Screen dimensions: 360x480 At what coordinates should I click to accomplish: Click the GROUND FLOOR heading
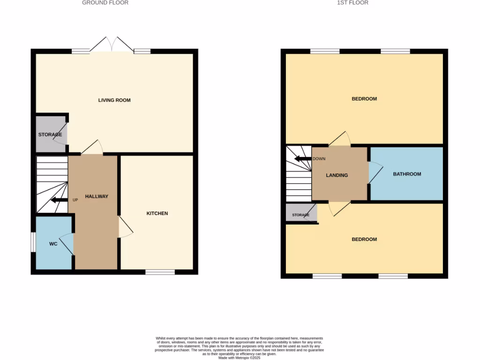coord(105,3)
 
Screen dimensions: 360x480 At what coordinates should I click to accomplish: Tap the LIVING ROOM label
coord(114,100)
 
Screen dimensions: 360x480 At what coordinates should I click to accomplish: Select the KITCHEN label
coord(157,214)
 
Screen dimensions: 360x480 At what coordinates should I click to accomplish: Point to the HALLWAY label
coord(97,197)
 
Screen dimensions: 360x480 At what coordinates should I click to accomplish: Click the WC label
coord(53,244)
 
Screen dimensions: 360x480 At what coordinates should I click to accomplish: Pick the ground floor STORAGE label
coord(50,135)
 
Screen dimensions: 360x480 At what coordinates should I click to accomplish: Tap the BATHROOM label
coord(407,174)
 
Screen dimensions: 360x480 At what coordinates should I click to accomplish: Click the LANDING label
coord(337,176)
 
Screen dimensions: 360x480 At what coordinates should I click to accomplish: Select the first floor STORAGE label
coord(300,215)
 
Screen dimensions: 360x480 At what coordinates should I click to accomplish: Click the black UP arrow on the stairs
coord(59,200)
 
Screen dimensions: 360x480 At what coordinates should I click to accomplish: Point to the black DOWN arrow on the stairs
coord(303,159)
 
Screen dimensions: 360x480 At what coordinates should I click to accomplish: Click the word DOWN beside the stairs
coord(319,159)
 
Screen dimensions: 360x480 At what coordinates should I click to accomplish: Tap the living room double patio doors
coord(112,45)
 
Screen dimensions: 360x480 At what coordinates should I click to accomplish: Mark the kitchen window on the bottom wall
coord(160,272)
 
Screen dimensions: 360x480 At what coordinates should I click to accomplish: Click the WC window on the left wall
coord(33,242)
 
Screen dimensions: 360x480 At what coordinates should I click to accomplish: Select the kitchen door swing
coord(126,228)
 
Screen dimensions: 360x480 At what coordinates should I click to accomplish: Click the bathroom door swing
coord(375,172)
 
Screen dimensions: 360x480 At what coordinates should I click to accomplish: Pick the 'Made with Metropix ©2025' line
coord(240,358)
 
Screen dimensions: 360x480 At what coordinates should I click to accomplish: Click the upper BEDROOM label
coord(364,99)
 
